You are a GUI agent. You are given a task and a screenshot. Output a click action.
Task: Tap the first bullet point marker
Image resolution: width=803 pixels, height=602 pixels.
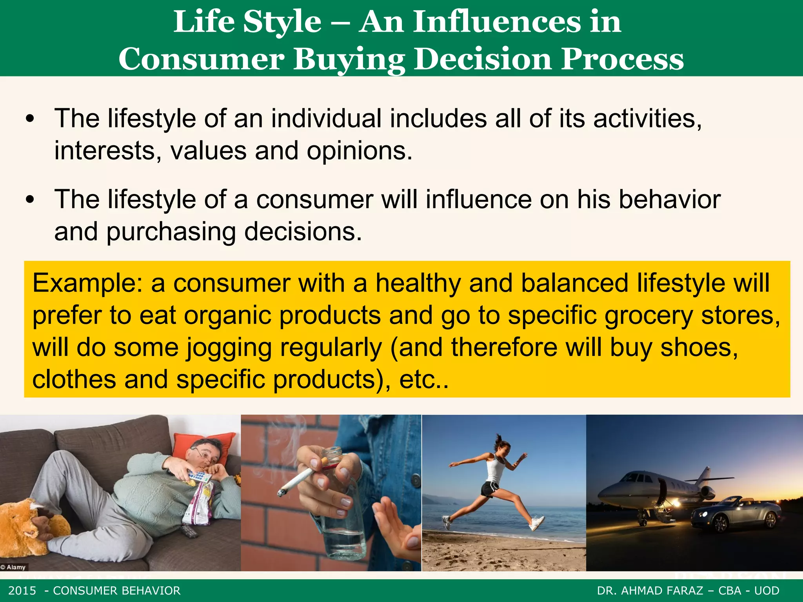30,119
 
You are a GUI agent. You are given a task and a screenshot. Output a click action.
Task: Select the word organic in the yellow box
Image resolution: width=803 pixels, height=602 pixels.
227,316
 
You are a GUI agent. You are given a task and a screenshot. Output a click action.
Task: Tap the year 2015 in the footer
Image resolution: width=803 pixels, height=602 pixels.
22,591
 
